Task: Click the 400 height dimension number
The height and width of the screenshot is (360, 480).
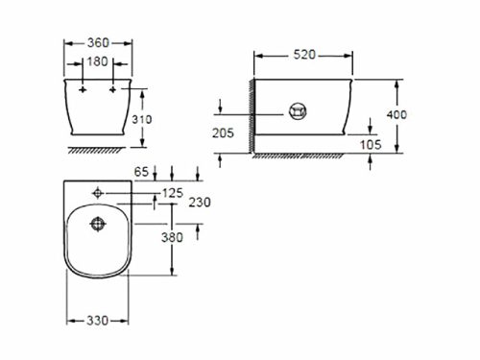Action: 396,114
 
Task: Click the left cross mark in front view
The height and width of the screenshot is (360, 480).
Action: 84,89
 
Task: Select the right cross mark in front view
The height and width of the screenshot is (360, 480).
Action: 113,89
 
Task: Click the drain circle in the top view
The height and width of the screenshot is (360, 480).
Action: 96,226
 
